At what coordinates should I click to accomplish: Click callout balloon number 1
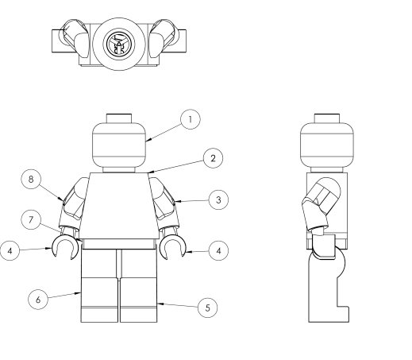191,119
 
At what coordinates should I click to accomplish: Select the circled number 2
213,158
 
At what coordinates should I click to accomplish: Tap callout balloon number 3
218,199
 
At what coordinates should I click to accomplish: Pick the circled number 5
208,308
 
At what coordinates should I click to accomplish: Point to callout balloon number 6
38,300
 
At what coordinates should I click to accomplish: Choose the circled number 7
31,219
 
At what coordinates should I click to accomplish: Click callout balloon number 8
31,179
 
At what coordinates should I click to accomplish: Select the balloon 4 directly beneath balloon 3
218,250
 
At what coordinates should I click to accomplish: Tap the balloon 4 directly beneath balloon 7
10,250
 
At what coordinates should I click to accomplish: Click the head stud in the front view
119,118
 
